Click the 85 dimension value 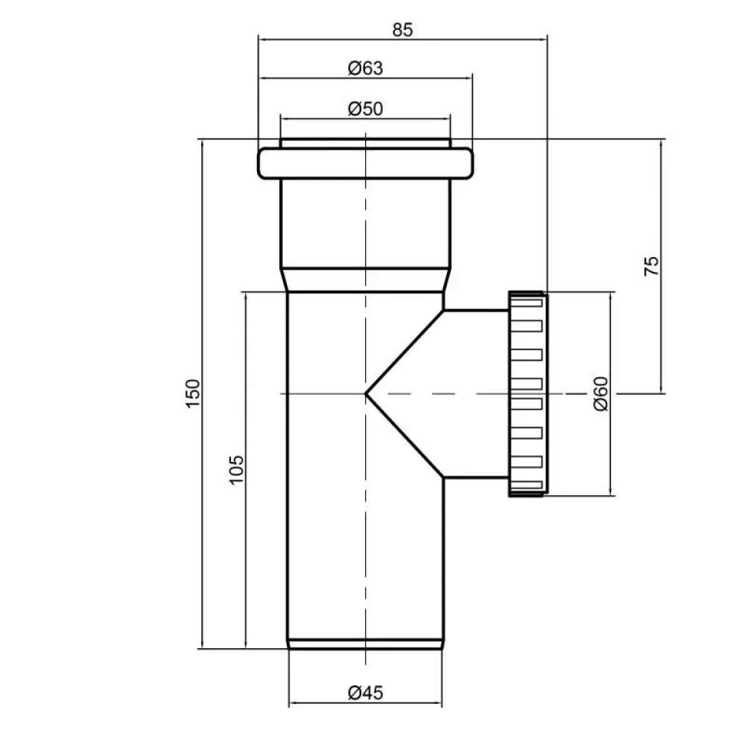click(402, 30)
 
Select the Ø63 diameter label click(365, 69)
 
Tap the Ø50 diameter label click(365, 109)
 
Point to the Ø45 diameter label click(365, 693)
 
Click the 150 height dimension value click(193, 393)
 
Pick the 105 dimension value click(236, 470)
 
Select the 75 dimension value click(651, 266)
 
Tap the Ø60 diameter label click(601, 394)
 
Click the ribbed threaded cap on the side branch click(527, 394)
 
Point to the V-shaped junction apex click(366, 393)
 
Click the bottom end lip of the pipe click(365, 644)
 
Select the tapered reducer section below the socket click(365, 280)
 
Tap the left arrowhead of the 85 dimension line click(261, 39)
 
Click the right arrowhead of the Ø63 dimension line click(469, 78)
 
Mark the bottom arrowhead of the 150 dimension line click(203, 644)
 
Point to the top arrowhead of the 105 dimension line click(246, 297)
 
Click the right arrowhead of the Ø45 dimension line click(438, 703)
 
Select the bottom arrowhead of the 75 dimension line click(662, 389)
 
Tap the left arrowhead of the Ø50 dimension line click(285, 118)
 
